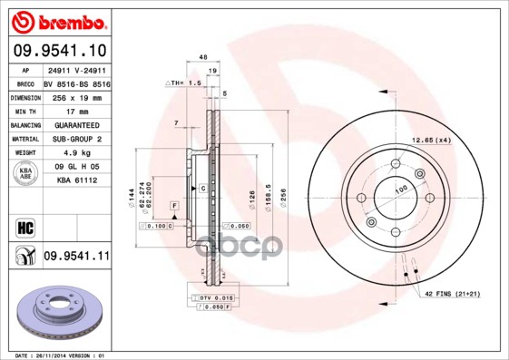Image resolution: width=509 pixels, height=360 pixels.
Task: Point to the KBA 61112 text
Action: pyautogui.click(x=76, y=180)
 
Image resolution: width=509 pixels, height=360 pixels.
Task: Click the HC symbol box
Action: pyautogui.click(x=24, y=224)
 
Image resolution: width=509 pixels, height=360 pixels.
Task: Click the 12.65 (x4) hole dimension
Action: pyautogui.click(x=431, y=140)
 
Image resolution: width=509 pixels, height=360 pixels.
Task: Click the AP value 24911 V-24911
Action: pyautogui.click(x=76, y=68)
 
